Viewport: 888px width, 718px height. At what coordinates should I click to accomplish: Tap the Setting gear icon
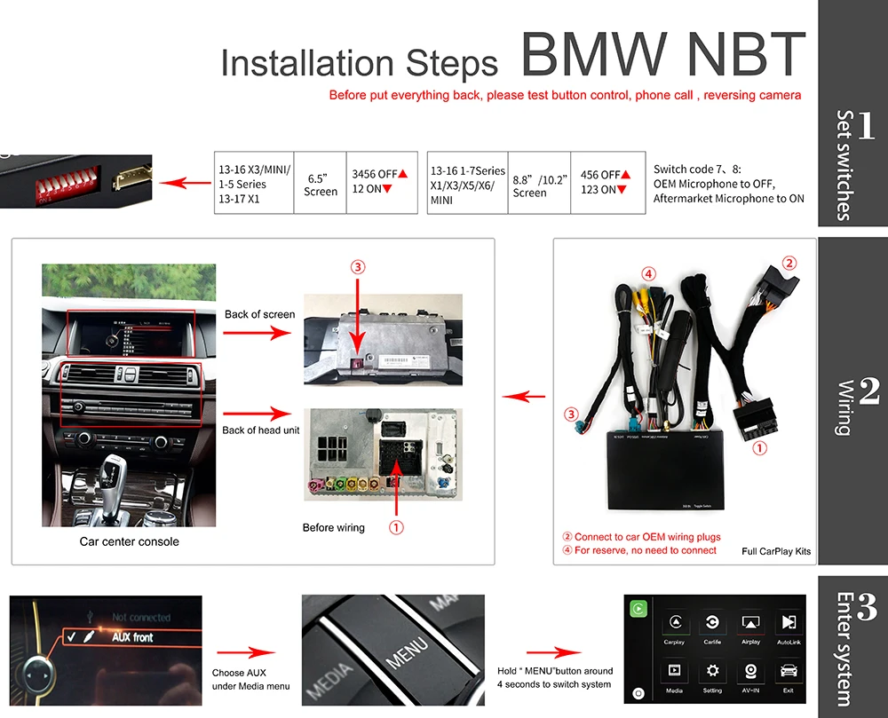712,671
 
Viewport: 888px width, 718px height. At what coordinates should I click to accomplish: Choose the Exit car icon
788,671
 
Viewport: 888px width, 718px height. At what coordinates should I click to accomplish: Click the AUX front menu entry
131,637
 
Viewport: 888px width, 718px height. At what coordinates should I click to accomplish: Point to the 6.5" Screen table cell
321,184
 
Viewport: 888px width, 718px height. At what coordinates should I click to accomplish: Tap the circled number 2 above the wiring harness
789,263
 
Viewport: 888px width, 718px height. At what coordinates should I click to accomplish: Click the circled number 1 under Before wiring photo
397,527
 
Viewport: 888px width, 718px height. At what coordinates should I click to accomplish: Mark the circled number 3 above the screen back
357,266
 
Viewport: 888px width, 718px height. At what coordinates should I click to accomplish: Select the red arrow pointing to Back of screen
258,333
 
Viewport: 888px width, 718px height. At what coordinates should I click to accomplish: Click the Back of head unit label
261,430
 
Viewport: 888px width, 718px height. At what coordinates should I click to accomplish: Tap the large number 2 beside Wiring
868,391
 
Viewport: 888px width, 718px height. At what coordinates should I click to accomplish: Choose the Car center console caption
129,541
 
